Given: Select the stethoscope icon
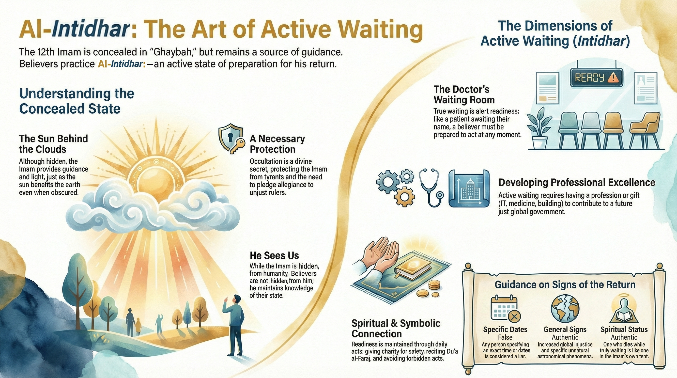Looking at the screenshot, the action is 431,187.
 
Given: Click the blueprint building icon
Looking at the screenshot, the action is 469,188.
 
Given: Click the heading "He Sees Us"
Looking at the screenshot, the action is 274,255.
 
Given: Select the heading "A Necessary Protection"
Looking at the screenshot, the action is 277,144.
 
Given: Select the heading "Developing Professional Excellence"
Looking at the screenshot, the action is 577,182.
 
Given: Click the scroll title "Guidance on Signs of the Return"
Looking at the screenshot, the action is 565,284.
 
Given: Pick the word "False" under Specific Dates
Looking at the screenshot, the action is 505,337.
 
